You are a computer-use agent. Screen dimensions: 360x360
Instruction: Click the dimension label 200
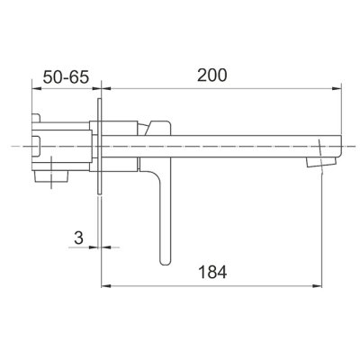pyautogui.click(x=211, y=76)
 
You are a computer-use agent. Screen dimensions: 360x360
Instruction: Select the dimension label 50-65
pyautogui.click(x=66, y=77)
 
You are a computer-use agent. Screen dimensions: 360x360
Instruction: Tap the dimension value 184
pyautogui.click(x=212, y=273)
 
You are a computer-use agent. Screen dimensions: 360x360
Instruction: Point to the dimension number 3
pyautogui.click(x=78, y=238)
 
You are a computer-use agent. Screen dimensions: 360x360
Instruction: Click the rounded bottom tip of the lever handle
pyautogui.click(x=166, y=262)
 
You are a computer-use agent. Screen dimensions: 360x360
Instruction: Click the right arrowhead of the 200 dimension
pyautogui.click(x=337, y=88)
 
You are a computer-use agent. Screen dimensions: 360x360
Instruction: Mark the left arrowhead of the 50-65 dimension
pyautogui.click(x=36, y=88)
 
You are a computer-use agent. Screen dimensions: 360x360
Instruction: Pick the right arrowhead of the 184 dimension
pyautogui.click(x=317, y=285)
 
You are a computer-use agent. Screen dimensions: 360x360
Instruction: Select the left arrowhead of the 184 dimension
pyautogui.click(x=106, y=285)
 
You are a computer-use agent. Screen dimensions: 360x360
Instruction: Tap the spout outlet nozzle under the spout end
pyautogui.click(x=320, y=162)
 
